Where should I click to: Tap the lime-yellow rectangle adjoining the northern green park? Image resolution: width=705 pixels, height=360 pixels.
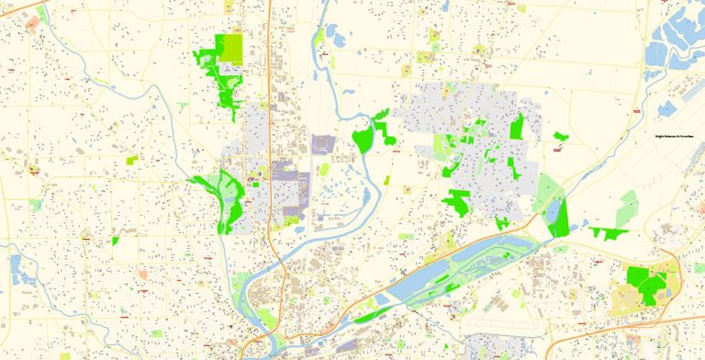tap(233, 49)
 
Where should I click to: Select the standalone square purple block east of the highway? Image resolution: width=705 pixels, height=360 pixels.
tap(323, 145)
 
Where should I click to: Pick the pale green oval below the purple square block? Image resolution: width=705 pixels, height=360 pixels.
tap(323, 170)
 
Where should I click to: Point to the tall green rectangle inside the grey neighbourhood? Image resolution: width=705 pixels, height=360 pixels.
tap(516, 127)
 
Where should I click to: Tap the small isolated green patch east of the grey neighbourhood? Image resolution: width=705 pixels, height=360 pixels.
tap(560, 137)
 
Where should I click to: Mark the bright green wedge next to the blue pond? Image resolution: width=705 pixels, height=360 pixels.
tap(560, 219)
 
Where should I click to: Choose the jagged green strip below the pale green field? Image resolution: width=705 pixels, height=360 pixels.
tap(608, 231)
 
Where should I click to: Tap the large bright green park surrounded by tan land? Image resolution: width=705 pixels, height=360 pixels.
tap(645, 283)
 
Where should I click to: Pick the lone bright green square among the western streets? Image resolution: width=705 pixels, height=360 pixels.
tap(116, 241)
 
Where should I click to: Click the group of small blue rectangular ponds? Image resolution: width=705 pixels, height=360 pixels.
tap(16, 267)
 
